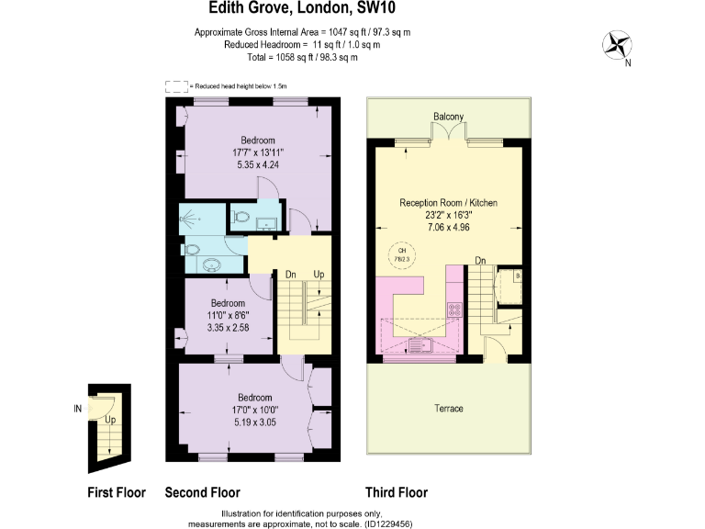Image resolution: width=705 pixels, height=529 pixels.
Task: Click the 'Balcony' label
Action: click(448, 116)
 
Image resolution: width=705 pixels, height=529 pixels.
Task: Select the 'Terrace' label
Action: click(449, 408)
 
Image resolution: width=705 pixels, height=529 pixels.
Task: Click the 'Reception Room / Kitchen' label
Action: click(449, 202)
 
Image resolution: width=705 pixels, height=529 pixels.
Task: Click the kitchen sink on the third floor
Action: click(424, 346)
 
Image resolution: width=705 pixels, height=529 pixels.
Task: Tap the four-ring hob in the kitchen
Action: click(453, 310)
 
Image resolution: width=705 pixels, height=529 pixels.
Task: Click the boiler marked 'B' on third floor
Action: click(518, 275)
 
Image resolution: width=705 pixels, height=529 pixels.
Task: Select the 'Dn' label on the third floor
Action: click(480, 260)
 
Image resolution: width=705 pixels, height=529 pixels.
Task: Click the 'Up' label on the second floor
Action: click(319, 274)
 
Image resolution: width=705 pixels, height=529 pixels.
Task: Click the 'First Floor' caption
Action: click(116, 492)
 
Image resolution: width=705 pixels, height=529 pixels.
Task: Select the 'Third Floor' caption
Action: click(396, 492)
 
